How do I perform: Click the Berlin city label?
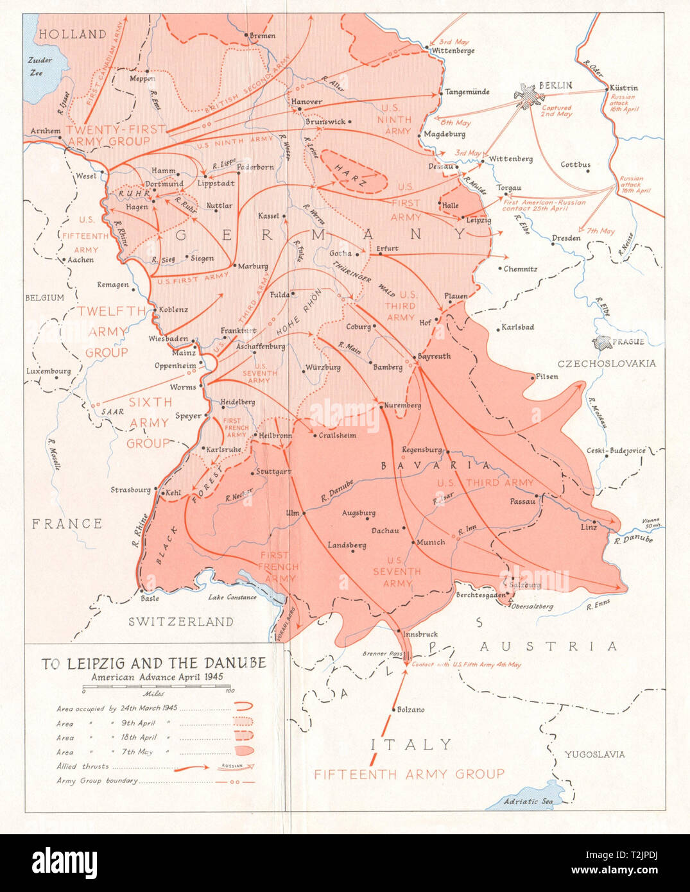click(556, 85)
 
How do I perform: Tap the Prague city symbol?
click(603, 343)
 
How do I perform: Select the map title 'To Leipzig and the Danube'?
click(154, 663)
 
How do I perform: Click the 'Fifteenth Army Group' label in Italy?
click(409, 774)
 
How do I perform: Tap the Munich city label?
click(431, 542)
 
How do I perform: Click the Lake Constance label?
click(232, 597)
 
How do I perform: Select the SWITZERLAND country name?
click(181, 621)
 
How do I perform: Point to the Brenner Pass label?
click(383, 654)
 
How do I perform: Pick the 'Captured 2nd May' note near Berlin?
click(556, 111)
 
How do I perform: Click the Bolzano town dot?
click(393, 710)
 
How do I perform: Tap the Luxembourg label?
click(48, 371)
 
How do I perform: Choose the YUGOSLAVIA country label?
click(594, 754)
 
